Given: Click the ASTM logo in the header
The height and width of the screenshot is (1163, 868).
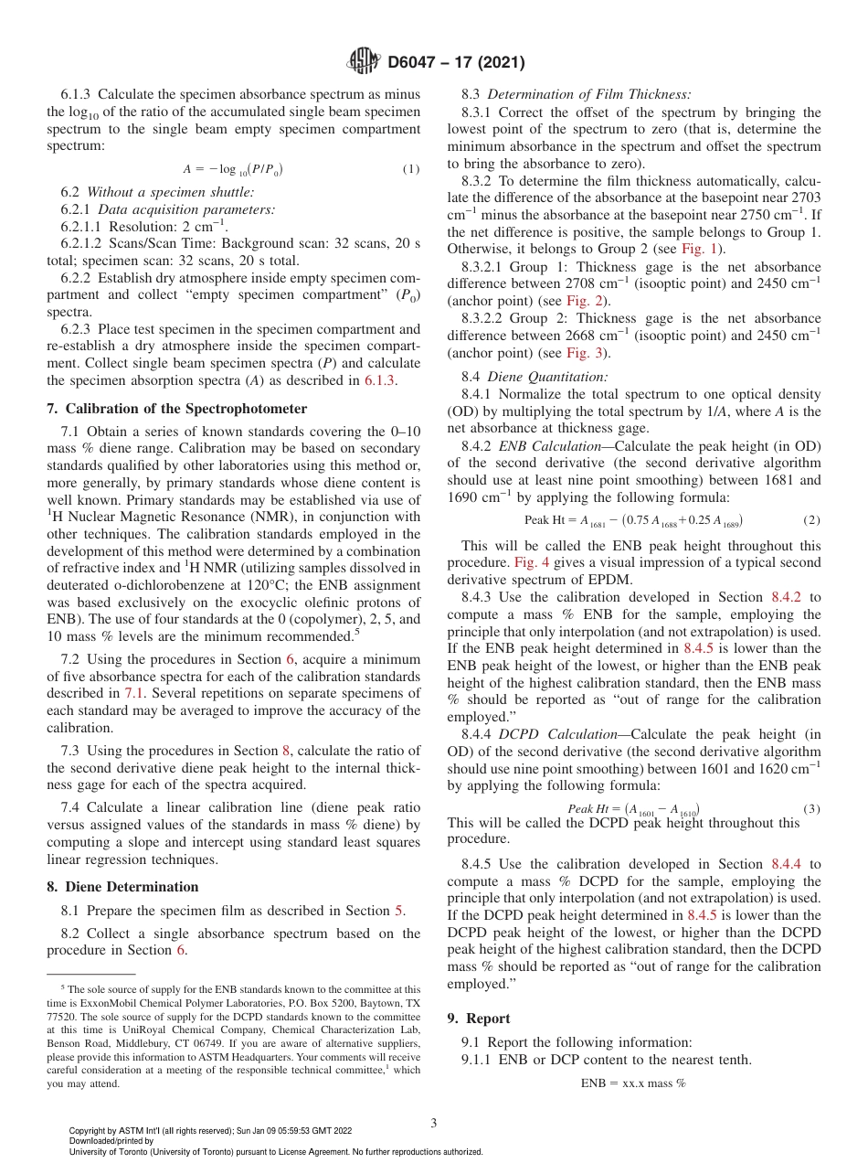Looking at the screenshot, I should [x=365, y=63].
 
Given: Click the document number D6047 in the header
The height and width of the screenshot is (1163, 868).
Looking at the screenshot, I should [x=416, y=63].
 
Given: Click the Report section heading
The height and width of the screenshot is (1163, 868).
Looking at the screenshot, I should [x=488, y=1018].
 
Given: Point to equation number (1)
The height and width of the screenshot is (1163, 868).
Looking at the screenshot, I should [x=411, y=169].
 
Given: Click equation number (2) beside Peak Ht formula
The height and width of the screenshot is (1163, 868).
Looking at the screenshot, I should [x=811, y=519].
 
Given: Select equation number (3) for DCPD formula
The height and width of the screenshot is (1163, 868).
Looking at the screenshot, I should [x=811, y=808].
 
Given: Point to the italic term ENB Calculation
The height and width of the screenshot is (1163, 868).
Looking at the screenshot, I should [x=550, y=445].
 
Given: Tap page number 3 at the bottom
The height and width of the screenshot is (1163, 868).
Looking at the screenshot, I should [x=433, y=1123].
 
